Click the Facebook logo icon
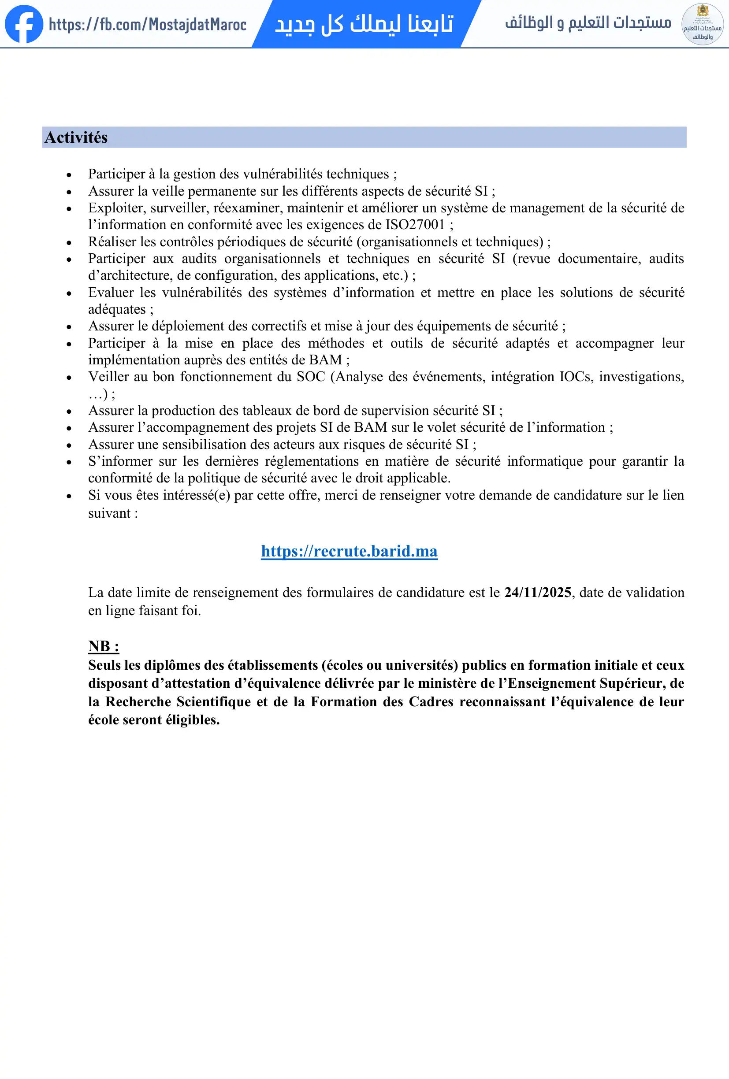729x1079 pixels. pos(24,24)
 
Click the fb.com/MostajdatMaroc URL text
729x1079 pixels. pos(147,24)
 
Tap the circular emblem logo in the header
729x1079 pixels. pos(702,24)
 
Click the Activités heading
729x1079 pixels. pos(76,137)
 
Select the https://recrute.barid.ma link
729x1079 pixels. pos(349,551)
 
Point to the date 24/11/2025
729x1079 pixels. pos(538,593)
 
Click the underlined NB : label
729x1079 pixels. pos(104,646)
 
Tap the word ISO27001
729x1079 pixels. pos(416,225)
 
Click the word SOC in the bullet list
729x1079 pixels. pos(311,377)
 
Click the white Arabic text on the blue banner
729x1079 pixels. pos(364,24)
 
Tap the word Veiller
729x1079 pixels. pos(108,377)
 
